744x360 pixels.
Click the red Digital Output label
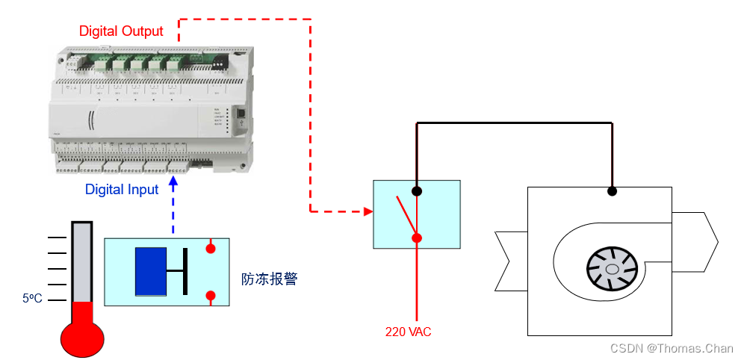pos(121,31)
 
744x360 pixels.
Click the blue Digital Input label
pos(122,190)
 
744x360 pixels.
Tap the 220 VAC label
pos(408,332)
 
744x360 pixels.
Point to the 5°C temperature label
pos(33,298)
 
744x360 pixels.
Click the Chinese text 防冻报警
pos(269,279)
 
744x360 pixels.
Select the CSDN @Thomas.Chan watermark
pos(672,348)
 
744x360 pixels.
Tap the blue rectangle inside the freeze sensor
pos(150,271)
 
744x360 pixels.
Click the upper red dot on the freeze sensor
pos(211,246)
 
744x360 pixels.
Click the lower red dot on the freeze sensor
pos(211,297)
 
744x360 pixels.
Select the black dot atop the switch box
pos(417,190)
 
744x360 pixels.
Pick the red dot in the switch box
pos(417,238)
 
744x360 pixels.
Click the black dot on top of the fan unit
pos(612,191)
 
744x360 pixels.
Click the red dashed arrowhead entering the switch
pos(368,211)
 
